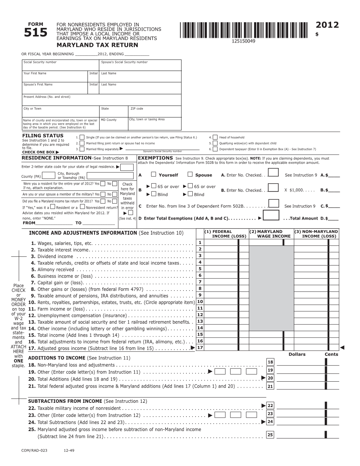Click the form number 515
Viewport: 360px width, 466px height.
[x=35, y=33]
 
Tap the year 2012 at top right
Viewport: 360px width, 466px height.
[x=327, y=25]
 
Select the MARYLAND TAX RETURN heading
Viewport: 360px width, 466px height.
[x=97, y=45]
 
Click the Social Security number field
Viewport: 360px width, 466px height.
[x=60, y=65]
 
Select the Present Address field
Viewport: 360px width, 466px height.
[x=101, y=100]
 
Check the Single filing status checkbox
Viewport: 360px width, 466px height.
[x=82, y=137]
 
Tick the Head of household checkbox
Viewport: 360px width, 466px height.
[x=215, y=137]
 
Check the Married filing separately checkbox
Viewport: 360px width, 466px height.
[x=82, y=149]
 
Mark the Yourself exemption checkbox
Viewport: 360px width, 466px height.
[x=154, y=174]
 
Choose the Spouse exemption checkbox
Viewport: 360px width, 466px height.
[x=190, y=174]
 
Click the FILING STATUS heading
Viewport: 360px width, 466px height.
[x=43, y=136]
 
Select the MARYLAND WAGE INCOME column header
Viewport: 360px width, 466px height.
[x=271, y=234]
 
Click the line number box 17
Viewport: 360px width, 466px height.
[x=200, y=348]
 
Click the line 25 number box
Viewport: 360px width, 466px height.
[x=270, y=435]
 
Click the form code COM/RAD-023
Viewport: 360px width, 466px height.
[x=34, y=451]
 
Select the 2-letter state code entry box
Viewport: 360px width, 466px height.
[x=127, y=167]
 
